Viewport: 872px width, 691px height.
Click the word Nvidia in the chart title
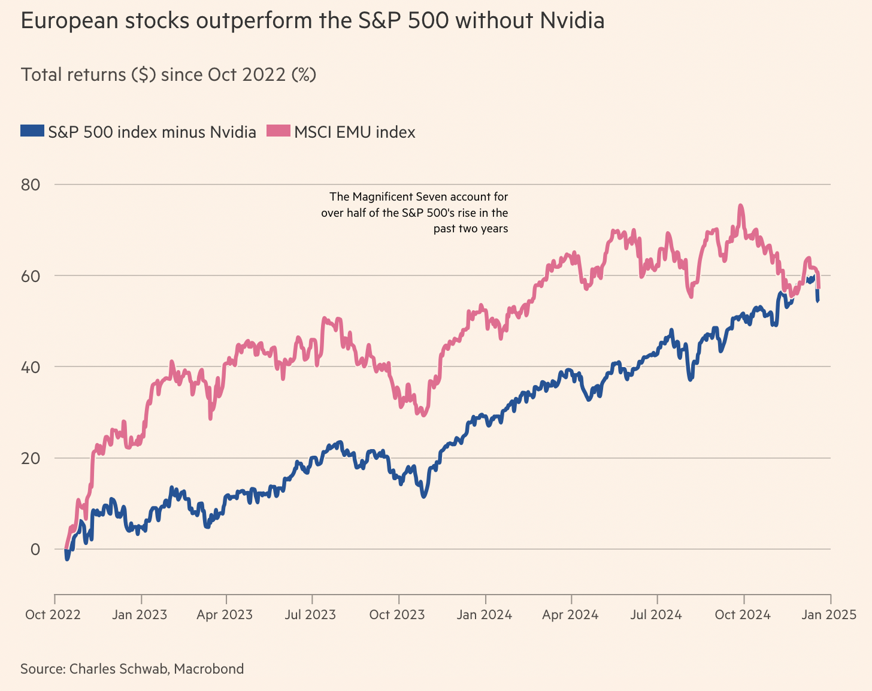(x=572, y=21)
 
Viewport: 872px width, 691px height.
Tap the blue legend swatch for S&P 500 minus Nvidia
(x=32, y=131)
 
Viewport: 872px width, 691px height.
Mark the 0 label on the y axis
(x=36, y=549)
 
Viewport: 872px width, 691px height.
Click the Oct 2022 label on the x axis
(x=53, y=614)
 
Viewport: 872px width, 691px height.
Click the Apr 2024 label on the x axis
(x=571, y=614)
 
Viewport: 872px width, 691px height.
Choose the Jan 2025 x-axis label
(x=829, y=614)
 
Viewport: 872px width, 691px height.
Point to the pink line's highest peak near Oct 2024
(x=741, y=207)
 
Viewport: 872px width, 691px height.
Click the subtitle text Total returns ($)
(x=89, y=75)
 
